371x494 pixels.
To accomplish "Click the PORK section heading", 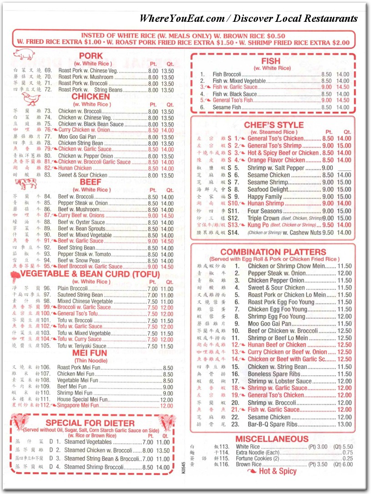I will coord(91,55).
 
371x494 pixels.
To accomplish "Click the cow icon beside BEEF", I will coord(25,183).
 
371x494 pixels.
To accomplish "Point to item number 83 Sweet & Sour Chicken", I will coord(82,175).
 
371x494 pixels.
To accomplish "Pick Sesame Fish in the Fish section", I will coord(227,107).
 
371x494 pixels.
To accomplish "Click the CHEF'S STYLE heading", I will coord(274,125).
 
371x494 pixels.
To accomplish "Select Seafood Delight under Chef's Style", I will coord(268,189).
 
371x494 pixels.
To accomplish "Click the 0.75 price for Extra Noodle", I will coord(347,453).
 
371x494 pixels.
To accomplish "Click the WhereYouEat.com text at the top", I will coord(182,18).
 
